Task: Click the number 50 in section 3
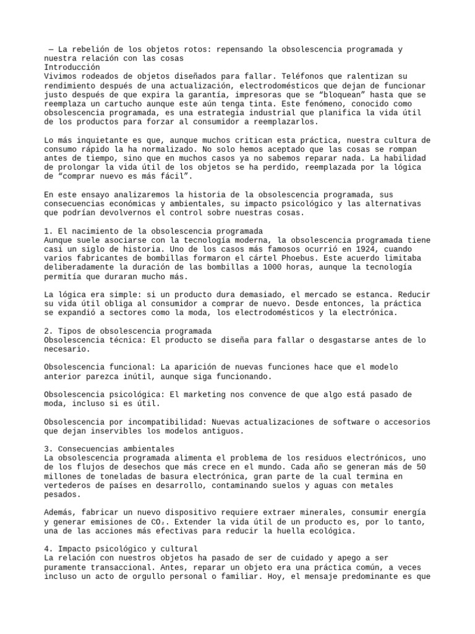(x=420, y=467)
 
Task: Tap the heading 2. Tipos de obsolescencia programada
(x=128, y=331)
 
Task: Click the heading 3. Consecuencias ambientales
(x=109, y=449)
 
